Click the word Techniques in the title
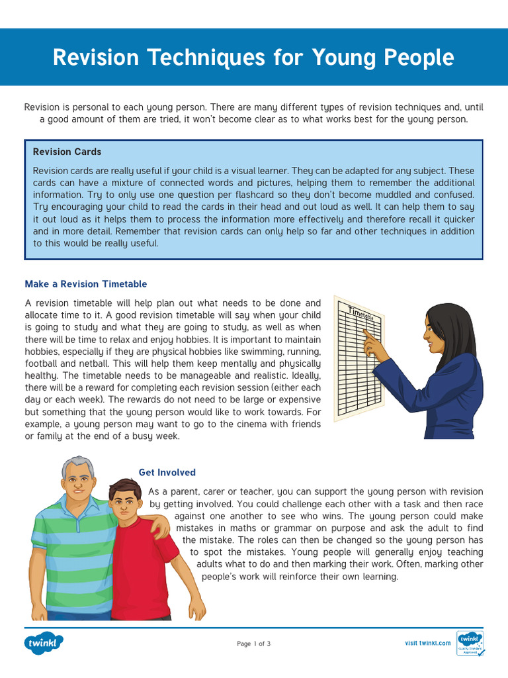[197, 58]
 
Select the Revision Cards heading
[67, 152]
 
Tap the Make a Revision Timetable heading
[86, 284]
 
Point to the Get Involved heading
[167, 472]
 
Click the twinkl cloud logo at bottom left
[44, 643]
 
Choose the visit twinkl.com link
[427, 643]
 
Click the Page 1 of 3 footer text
[253, 644]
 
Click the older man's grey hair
[77, 463]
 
